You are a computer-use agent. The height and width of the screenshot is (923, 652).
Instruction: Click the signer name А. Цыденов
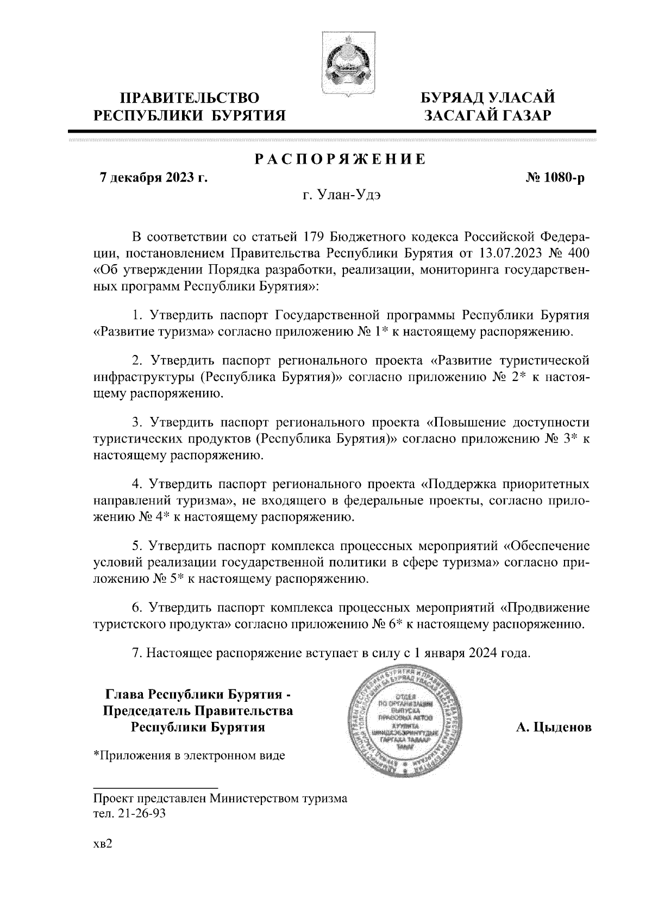click(x=553, y=727)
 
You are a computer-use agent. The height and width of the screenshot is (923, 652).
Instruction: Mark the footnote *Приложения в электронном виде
click(x=189, y=755)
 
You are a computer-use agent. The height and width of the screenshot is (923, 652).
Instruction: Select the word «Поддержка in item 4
click(x=460, y=483)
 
